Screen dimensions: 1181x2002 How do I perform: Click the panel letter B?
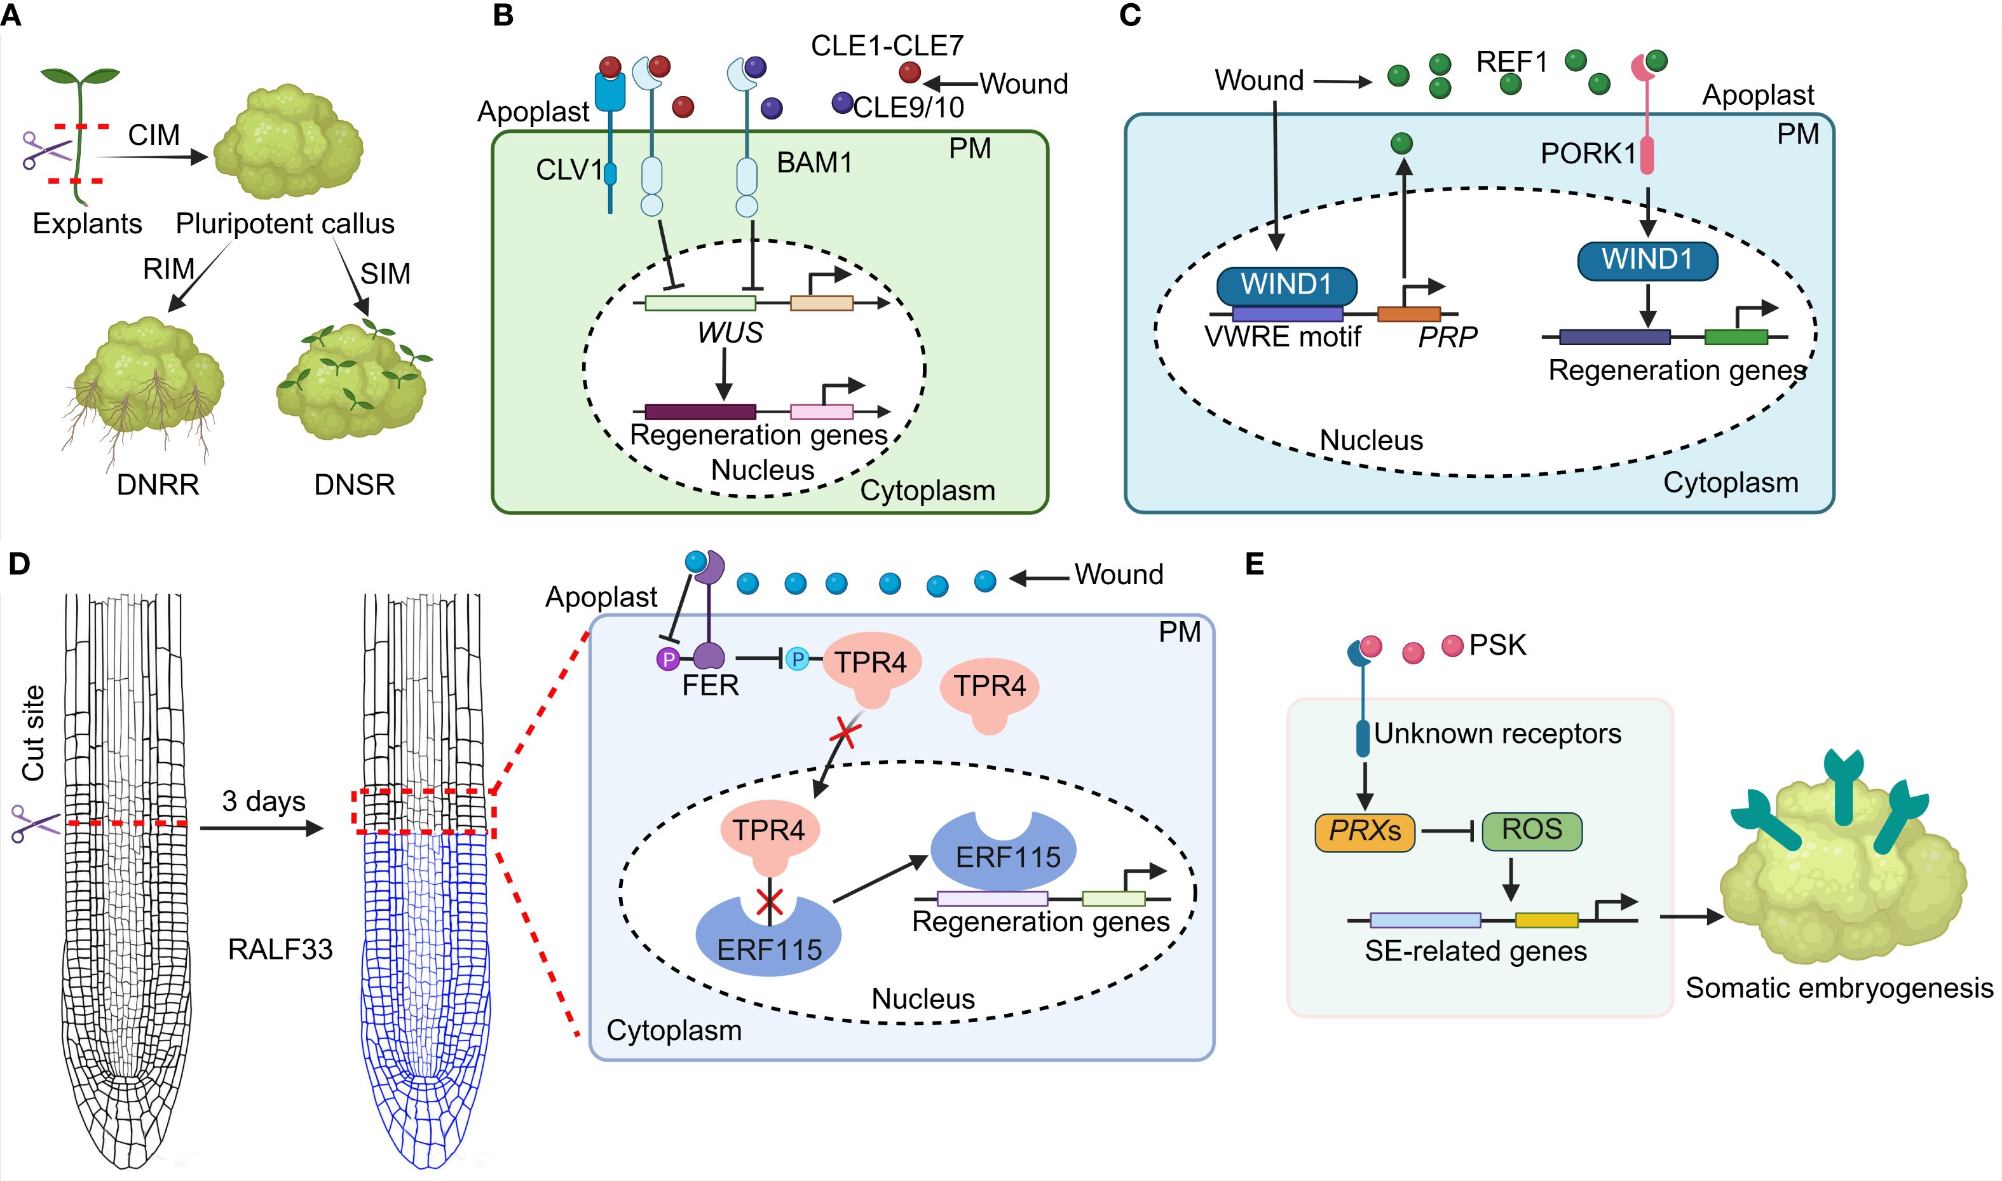coord(503,15)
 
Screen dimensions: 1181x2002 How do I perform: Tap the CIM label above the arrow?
coord(154,135)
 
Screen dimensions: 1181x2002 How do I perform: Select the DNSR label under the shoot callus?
coord(355,484)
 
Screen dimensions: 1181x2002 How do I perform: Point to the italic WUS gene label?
coord(730,332)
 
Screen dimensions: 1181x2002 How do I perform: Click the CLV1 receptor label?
coord(568,170)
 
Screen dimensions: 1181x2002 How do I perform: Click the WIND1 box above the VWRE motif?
coord(1286,284)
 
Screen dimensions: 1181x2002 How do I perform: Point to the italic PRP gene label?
coord(1447,338)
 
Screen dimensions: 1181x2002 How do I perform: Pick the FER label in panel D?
coord(710,685)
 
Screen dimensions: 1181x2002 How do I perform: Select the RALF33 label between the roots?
coord(280,950)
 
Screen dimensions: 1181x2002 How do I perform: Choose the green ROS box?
coord(1532,829)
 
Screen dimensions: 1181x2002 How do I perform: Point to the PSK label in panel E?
coord(1497,645)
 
